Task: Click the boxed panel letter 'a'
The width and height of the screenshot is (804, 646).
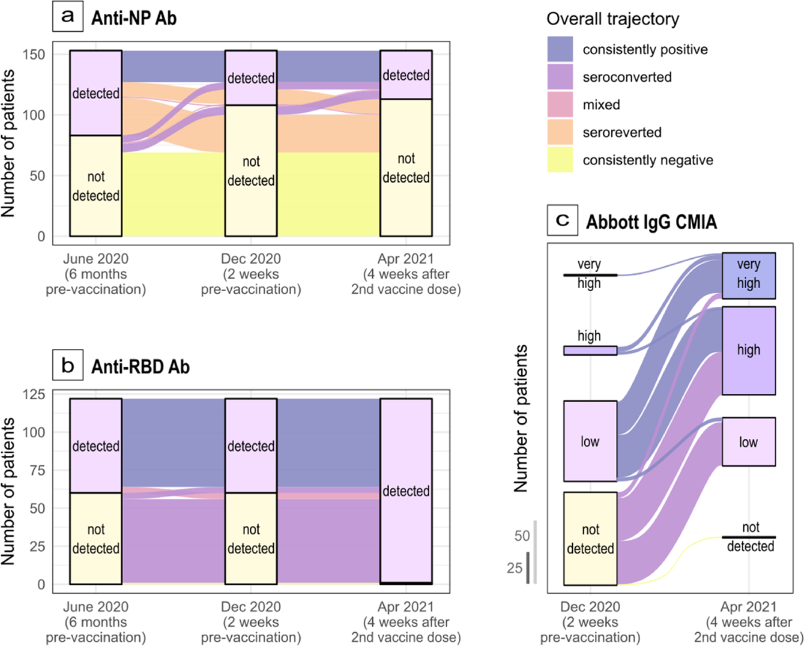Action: (x=68, y=16)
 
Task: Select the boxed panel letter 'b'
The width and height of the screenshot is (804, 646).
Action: (x=68, y=365)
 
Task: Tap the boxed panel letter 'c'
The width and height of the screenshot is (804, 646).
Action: (x=563, y=220)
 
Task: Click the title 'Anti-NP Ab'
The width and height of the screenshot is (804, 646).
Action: (x=134, y=18)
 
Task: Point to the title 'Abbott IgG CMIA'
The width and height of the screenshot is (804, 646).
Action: (x=651, y=222)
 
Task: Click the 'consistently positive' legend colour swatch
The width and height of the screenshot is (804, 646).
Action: (x=560, y=49)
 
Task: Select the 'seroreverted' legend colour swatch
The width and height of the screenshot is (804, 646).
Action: (x=560, y=132)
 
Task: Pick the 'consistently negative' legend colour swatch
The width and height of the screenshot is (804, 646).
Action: (x=560, y=160)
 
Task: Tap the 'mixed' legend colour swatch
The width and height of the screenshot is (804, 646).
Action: (x=560, y=104)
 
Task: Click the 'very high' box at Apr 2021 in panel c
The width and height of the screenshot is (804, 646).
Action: (x=748, y=276)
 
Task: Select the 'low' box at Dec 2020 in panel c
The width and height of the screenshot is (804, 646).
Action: (x=590, y=441)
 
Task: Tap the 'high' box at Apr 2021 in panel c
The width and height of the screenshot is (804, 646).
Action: (x=748, y=350)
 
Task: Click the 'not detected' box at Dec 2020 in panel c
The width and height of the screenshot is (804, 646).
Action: (x=590, y=539)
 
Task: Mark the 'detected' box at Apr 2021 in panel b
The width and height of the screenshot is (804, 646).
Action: (x=406, y=491)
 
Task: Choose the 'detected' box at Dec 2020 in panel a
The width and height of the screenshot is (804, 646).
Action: (x=250, y=78)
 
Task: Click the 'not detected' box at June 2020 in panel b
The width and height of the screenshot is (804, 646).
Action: (x=95, y=539)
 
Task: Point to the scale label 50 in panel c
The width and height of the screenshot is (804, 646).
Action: (x=522, y=536)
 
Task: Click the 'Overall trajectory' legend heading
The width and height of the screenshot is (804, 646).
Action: (x=612, y=19)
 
